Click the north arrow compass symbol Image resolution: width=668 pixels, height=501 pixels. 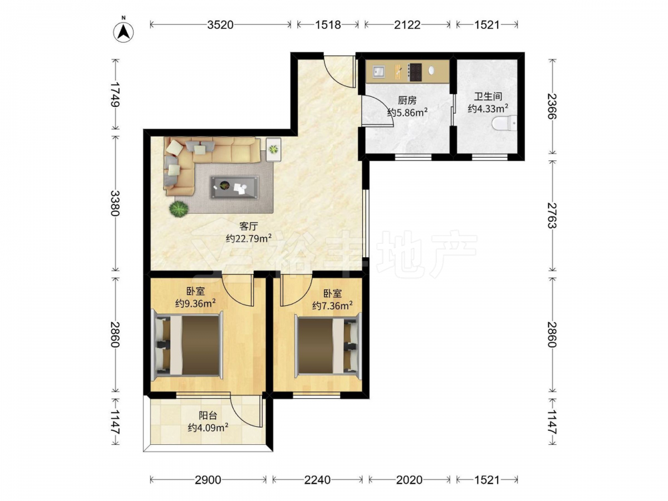(123, 31)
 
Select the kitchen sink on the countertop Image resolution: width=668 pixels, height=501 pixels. (379, 71)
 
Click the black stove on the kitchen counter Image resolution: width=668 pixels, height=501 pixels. (415, 72)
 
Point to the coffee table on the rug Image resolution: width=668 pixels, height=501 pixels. (234, 188)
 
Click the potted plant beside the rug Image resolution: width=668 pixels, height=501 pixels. (178, 210)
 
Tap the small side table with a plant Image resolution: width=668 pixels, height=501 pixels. (273, 150)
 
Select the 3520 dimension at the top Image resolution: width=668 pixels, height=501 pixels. (220, 25)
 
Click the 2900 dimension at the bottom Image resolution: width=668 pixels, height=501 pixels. (208, 480)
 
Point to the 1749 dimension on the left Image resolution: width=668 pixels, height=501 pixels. (115, 94)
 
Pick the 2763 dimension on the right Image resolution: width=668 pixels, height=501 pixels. (552, 216)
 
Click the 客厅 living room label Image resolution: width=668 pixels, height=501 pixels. (248, 226)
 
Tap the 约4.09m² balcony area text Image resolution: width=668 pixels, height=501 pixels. (208, 428)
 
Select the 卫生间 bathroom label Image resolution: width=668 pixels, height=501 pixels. (488, 97)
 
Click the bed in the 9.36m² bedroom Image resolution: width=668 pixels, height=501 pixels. (188, 345)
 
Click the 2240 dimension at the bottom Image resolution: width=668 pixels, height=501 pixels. (317, 480)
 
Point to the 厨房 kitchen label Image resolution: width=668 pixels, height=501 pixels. (407, 101)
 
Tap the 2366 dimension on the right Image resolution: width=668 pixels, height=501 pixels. (552, 106)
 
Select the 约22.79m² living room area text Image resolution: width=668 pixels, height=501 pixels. (248, 238)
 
